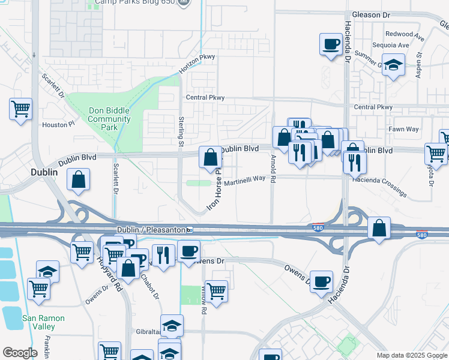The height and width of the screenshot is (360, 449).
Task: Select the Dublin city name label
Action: tap(44, 172)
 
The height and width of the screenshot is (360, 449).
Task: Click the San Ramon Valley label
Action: tap(38, 322)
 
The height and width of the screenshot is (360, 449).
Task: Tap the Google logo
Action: tap(19, 353)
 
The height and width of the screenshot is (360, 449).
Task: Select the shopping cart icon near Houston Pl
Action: tap(20, 109)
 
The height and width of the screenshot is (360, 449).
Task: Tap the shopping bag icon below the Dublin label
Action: tap(79, 179)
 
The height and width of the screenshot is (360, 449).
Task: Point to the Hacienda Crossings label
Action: tap(380, 184)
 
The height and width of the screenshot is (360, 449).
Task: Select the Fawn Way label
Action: tap(403, 129)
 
